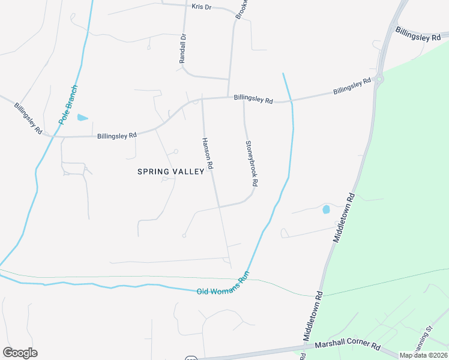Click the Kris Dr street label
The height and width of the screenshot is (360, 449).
[x=202, y=7]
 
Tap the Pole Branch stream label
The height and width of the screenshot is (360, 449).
[x=69, y=104]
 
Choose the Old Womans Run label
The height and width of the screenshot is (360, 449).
[x=223, y=287]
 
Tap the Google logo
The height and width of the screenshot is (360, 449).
[x=20, y=352]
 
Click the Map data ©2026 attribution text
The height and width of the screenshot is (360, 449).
[x=423, y=355]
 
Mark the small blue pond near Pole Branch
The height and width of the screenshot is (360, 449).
[x=82, y=118]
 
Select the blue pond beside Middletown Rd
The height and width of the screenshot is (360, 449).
[x=326, y=210]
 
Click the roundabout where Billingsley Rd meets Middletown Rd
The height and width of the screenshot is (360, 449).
[x=379, y=78]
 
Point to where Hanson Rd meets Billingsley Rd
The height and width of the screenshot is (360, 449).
[x=202, y=100]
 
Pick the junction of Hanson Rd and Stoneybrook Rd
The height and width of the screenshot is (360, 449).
[x=219, y=206]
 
